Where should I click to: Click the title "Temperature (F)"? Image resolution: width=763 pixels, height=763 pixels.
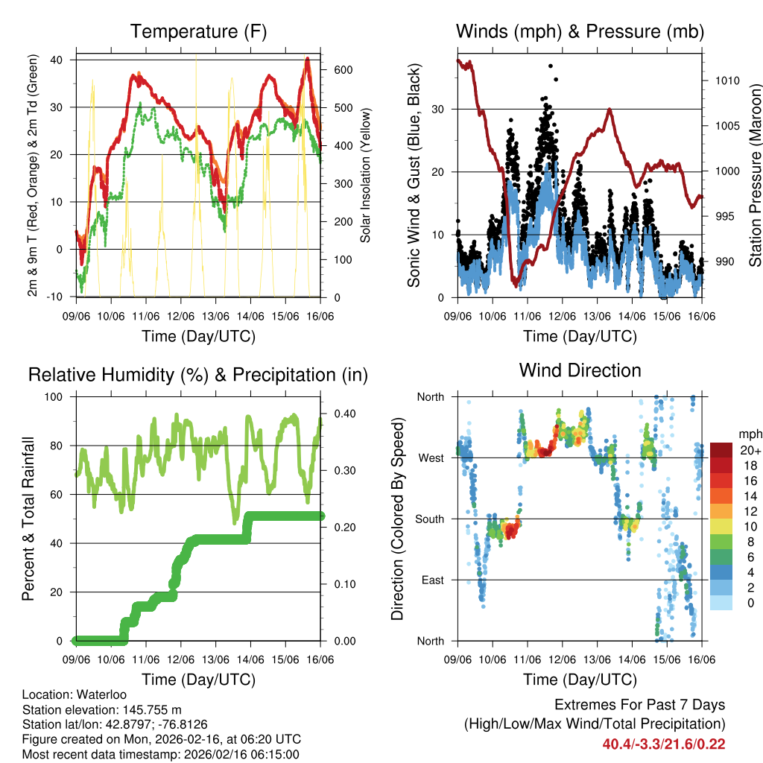pyautogui.click(x=198, y=32)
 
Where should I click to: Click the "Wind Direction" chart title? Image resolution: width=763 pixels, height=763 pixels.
pyautogui.click(x=580, y=370)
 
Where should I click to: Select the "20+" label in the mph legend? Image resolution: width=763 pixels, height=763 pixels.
pyautogui.click(x=750, y=451)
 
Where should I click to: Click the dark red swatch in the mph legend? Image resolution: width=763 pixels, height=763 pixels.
pyautogui.click(x=721, y=450)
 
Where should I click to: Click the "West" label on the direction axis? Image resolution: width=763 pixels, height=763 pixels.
pyautogui.click(x=431, y=458)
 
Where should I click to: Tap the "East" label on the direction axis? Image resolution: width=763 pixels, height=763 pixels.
pyautogui.click(x=433, y=580)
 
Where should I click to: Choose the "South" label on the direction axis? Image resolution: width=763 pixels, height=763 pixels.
pyautogui.click(x=430, y=519)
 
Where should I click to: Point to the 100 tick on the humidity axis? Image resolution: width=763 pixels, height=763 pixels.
pyautogui.click(x=55, y=397)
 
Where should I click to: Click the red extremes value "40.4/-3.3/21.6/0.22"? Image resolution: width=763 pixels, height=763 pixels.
pyautogui.click(x=664, y=744)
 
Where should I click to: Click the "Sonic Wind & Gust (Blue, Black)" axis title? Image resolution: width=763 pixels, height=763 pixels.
pyautogui.click(x=414, y=176)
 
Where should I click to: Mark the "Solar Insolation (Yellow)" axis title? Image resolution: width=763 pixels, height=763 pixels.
pyautogui.click(x=366, y=175)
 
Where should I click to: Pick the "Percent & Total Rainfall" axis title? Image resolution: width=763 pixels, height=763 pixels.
pyautogui.click(x=28, y=518)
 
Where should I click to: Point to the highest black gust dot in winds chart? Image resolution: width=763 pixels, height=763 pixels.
pyautogui.click(x=551, y=66)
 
